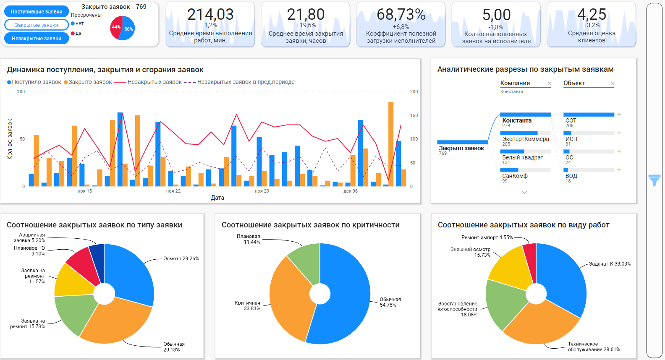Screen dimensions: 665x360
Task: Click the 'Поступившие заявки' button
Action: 37,12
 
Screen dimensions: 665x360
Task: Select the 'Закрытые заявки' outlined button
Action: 37,25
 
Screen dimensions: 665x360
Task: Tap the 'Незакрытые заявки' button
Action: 37,38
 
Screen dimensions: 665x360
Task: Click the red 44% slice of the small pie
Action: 115,28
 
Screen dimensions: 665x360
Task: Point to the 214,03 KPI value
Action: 210,14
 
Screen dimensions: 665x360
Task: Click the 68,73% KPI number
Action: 401,14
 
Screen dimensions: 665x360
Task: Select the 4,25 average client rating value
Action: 592,14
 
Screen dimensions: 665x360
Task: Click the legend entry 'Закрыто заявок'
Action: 88,82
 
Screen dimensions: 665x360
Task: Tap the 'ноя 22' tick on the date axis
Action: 173,191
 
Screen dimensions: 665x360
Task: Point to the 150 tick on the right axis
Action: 414,115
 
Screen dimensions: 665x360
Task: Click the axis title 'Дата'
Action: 217,198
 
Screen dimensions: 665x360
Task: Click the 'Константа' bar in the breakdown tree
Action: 526,115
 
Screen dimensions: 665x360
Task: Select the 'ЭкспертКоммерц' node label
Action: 526,139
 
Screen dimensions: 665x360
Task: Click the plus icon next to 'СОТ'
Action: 619,114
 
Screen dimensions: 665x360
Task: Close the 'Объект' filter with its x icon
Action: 613,84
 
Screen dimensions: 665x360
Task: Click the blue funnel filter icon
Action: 655,180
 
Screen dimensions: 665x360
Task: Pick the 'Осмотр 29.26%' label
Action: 181,258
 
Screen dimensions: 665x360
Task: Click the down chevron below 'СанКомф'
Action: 524,192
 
